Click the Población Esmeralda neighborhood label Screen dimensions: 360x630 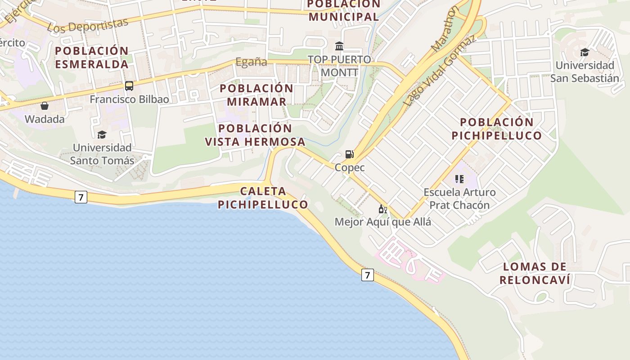[92, 57]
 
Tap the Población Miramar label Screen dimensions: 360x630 [256, 95]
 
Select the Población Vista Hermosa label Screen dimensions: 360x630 [255, 135]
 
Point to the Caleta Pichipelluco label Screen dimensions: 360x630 [263, 198]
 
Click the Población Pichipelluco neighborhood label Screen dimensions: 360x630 [497, 129]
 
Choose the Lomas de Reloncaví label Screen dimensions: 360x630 [535, 273]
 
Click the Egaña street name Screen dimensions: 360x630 [252, 62]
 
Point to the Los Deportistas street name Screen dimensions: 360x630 [87, 26]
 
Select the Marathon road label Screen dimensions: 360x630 [444, 29]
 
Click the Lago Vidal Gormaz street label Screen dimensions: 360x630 [439, 71]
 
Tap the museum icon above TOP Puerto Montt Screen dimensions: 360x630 [339, 46]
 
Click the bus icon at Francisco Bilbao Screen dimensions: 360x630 [129, 85]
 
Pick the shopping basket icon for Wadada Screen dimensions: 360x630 [45, 106]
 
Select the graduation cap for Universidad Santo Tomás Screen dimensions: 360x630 [102, 135]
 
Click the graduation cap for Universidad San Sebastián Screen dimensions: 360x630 [585, 52]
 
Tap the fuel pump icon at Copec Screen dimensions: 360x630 [349, 154]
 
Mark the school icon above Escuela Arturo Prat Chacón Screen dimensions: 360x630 [459, 179]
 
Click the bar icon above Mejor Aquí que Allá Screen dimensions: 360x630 [383, 209]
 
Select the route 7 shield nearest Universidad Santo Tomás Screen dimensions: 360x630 [81, 197]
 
